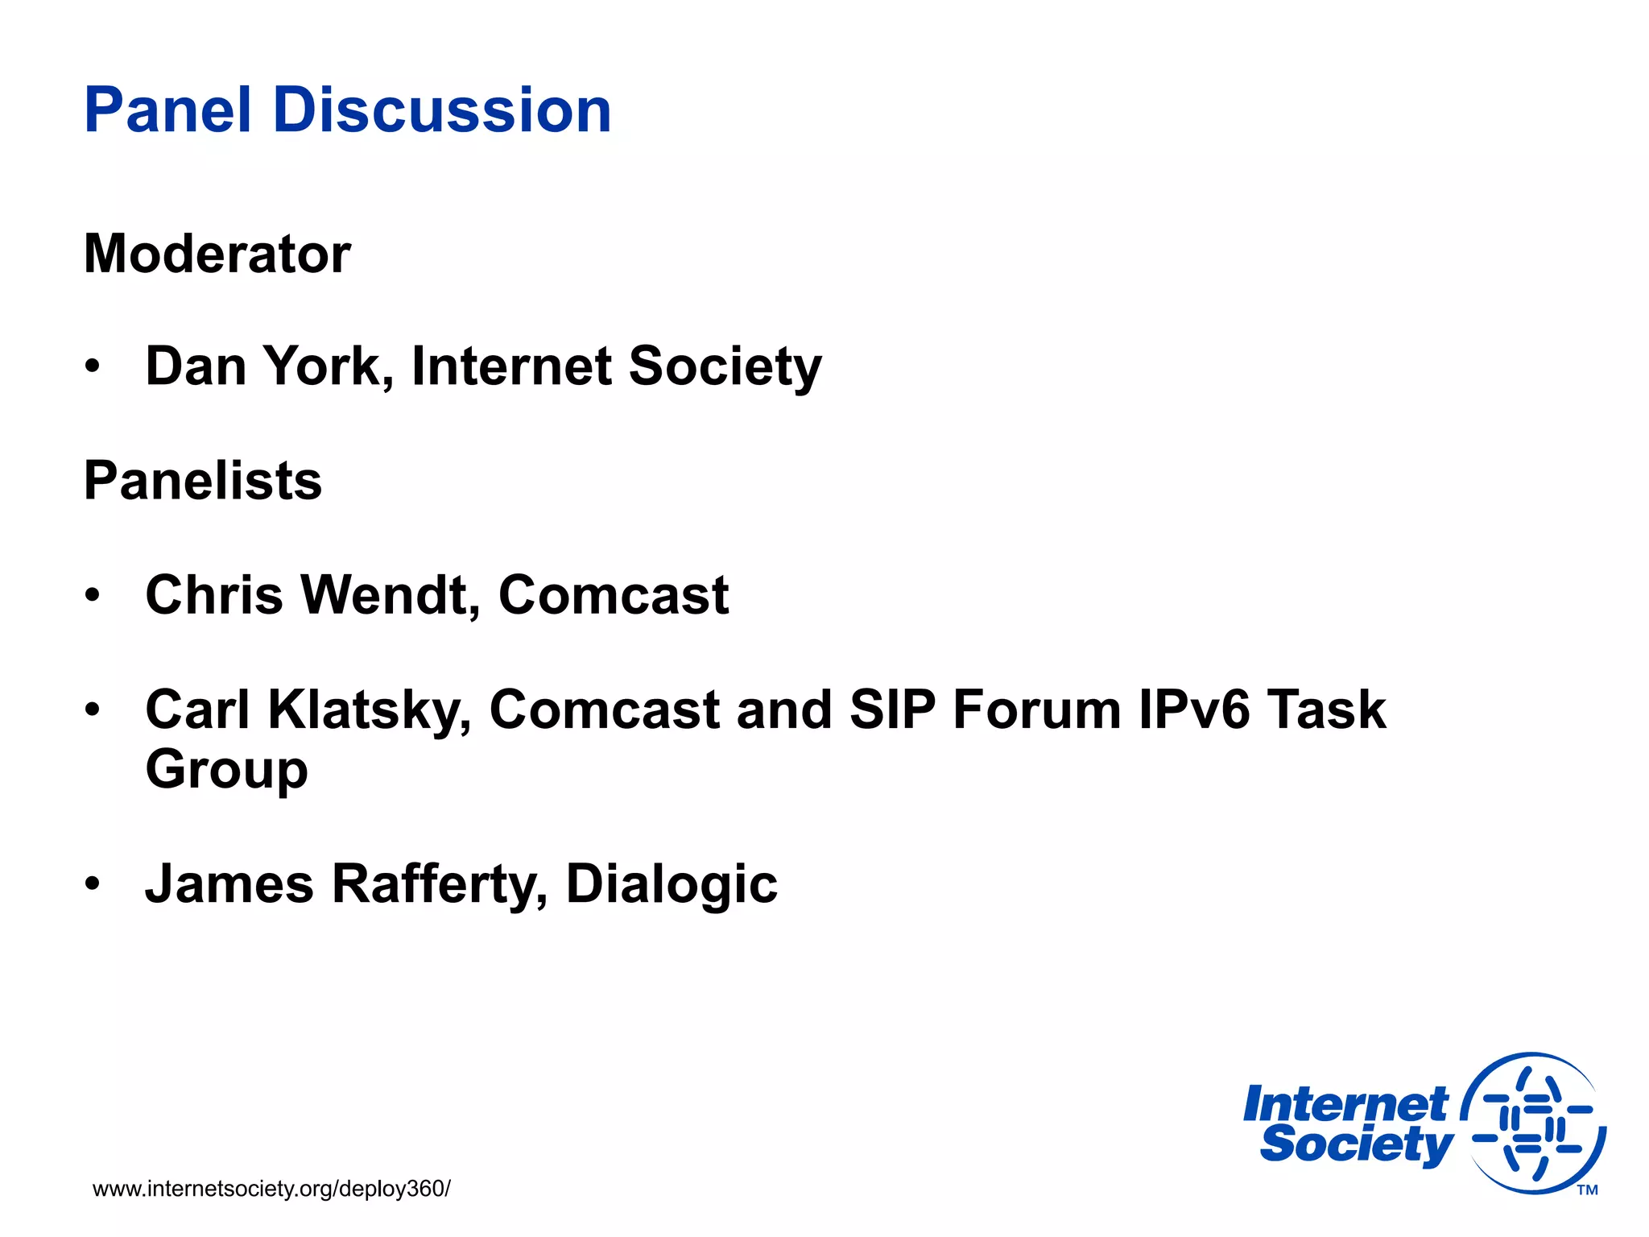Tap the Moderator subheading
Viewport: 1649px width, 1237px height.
click(217, 254)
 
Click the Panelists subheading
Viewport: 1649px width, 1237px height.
click(203, 481)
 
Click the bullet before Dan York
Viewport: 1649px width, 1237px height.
click(93, 366)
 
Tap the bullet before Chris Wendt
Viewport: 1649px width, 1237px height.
click(93, 595)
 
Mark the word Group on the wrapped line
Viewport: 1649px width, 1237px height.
click(226, 770)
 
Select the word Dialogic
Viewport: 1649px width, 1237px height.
click(672, 883)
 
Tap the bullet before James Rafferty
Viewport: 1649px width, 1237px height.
click(93, 883)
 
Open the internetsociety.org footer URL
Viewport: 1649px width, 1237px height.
click(271, 1189)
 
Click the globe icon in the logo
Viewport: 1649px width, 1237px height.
click(1533, 1123)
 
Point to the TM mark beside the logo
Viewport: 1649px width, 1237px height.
click(1587, 1190)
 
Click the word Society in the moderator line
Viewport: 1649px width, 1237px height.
click(725, 366)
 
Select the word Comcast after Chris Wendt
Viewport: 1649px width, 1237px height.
click(614, 595)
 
